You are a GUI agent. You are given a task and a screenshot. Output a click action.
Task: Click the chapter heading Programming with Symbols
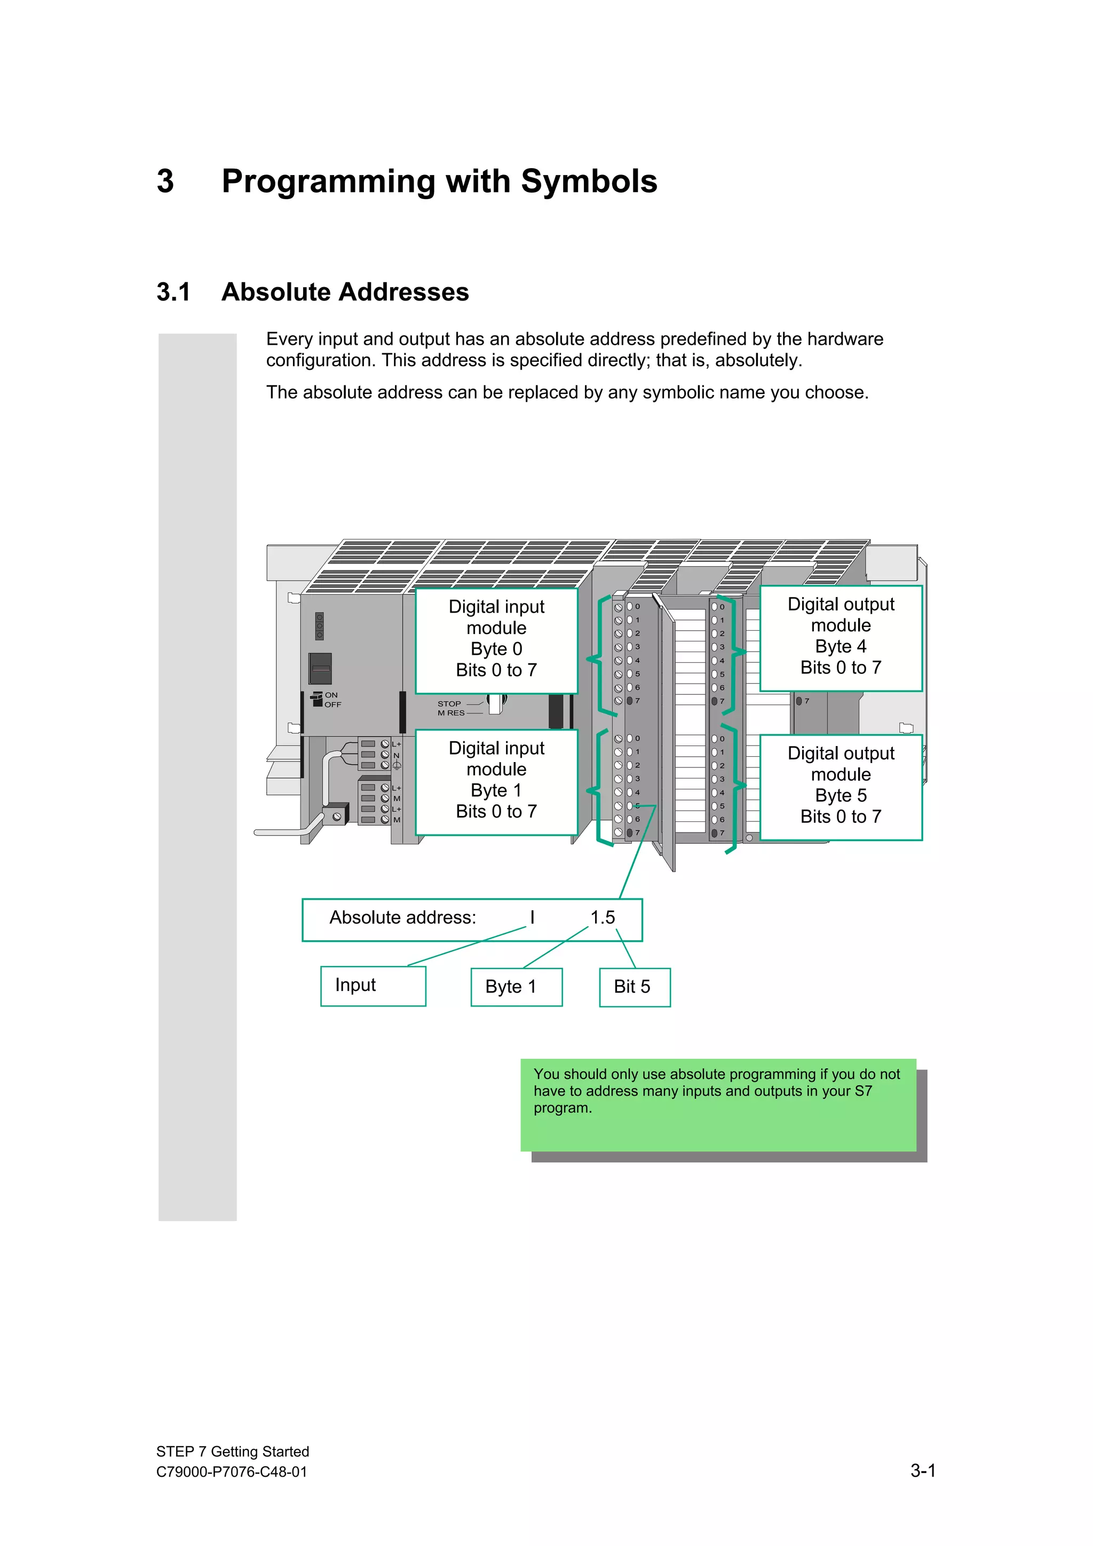439,181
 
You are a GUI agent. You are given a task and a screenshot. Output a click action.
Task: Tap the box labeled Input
373,986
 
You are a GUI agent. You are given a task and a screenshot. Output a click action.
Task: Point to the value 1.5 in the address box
603,918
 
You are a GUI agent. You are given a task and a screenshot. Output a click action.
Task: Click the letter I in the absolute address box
532,918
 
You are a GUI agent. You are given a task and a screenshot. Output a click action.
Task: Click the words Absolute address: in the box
402,918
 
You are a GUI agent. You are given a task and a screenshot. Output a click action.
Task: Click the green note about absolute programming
717,1104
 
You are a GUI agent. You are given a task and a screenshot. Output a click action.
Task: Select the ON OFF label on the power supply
332,700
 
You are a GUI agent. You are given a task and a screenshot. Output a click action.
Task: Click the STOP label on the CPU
449,704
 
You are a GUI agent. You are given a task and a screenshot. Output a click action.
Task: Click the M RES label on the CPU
450,713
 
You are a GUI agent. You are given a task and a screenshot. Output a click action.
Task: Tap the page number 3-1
923,1471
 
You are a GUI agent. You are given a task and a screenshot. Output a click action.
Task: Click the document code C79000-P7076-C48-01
232,1472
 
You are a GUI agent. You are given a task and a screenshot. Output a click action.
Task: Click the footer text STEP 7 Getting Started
232,1452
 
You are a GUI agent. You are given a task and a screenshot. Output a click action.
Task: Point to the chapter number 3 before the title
165,181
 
